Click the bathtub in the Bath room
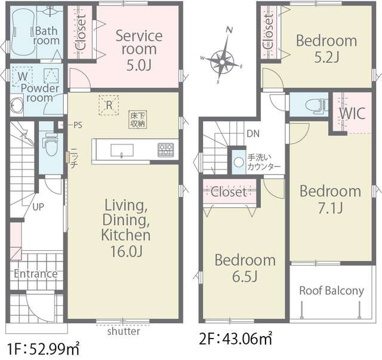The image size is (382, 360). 23,32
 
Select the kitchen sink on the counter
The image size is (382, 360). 122,150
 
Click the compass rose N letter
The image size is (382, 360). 229,30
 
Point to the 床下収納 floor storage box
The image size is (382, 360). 138,119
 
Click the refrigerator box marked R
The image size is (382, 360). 109,105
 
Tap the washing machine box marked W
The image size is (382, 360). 23,76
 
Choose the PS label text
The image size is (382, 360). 78,125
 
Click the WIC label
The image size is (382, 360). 352,113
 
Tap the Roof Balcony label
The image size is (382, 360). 332,291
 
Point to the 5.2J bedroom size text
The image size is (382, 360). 326,57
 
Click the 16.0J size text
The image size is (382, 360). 126,251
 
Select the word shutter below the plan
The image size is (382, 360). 124,331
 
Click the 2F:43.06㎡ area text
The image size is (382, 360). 235,339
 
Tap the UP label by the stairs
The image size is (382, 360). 38,207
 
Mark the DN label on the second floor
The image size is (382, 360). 253,134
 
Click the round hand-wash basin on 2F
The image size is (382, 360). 239,162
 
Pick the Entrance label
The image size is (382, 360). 36,273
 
